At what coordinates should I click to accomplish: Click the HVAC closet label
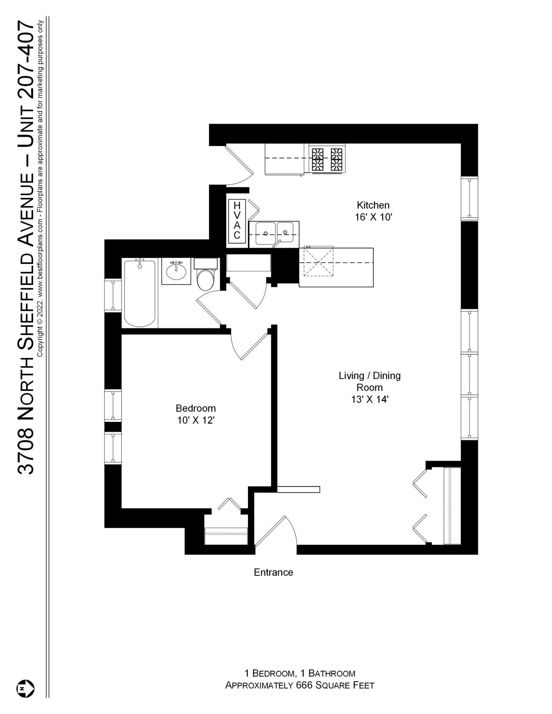237,221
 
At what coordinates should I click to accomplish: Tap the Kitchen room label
373,205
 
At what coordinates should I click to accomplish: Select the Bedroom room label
196,408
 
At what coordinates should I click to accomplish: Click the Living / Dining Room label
370,381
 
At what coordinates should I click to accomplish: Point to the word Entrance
273,572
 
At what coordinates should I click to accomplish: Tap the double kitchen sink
274,233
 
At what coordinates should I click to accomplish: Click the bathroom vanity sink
176,271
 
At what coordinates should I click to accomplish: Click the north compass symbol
25,689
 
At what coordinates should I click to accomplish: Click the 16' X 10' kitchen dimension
373,217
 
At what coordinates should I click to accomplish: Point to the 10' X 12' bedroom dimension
196,420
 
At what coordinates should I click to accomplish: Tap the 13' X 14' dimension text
370,400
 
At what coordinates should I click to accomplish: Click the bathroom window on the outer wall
113,295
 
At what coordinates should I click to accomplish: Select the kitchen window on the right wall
469,198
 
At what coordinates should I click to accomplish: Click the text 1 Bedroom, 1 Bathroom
300,673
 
